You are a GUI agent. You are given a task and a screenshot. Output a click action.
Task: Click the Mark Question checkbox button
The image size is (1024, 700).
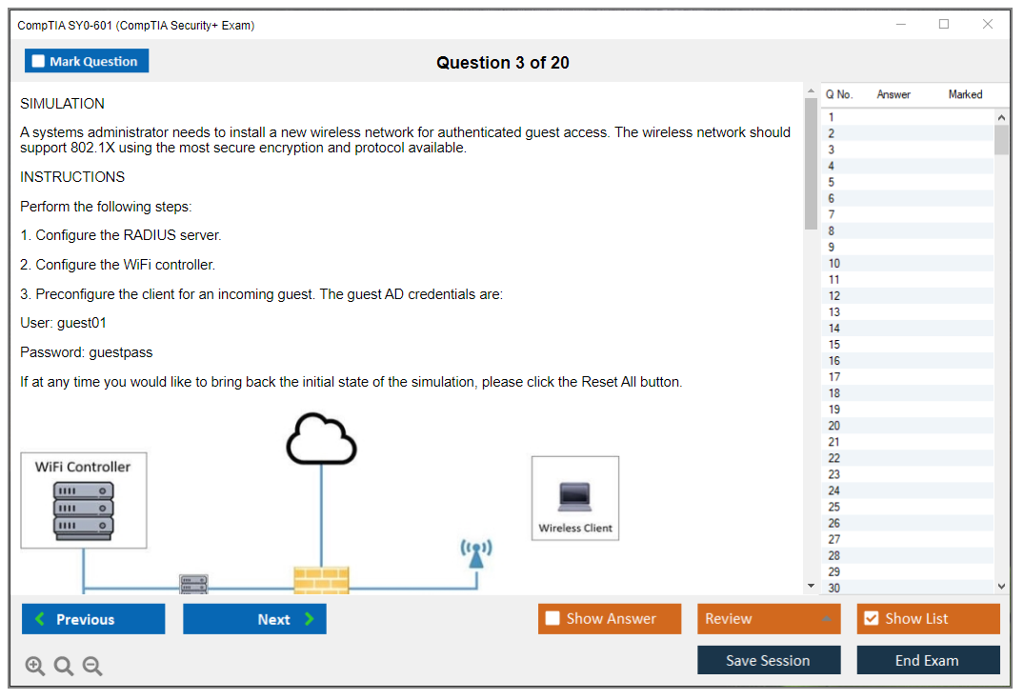tap(87, 61)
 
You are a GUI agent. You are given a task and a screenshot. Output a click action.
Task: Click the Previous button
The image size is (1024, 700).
tap(93, 619)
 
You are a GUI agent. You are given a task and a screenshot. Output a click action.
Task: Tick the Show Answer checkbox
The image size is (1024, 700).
tap(552, 618)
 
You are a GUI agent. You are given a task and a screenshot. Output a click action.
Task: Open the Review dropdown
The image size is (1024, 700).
tap(769, 618)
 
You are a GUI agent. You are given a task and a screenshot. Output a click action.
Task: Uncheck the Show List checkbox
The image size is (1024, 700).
tap(872, 618)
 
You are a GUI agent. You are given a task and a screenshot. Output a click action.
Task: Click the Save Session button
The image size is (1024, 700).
tap(769, 660)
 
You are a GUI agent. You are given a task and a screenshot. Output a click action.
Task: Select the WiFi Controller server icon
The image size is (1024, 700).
tap(84, 511)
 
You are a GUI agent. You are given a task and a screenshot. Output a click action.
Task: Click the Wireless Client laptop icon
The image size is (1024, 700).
tap(575, 497)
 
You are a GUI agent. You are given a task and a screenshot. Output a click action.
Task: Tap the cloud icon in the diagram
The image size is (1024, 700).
tap(321, 439)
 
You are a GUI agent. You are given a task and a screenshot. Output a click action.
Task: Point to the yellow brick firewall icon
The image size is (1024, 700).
tap(321, 581)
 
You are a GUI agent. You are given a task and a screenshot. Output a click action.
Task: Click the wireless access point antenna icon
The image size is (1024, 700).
tap(476, 553)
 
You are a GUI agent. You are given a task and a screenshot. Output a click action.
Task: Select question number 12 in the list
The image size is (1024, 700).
tap(834, 296)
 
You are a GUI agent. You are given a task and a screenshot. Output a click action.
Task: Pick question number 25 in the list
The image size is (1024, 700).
tap(834, 507)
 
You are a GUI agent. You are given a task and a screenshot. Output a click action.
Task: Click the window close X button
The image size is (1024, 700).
tap(988, 24)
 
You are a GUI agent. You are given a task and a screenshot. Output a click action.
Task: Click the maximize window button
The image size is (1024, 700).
tap(944, 24)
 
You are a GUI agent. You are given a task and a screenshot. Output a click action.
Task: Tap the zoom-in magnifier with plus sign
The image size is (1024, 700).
tap(34, 666)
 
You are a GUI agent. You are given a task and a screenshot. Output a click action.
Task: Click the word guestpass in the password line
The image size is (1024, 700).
tap(121, 352)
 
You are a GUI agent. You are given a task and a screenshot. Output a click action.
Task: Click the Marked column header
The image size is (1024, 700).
tap(965, 94)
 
